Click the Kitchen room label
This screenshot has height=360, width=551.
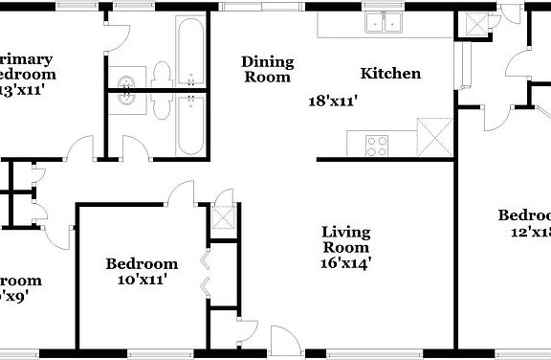tap(390, 74)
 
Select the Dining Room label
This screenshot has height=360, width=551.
tap(267, 69)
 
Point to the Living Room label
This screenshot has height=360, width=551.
tap(345, 238)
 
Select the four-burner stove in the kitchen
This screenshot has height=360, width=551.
tap(378, 146)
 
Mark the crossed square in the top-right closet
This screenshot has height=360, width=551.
tap(472, 24)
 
